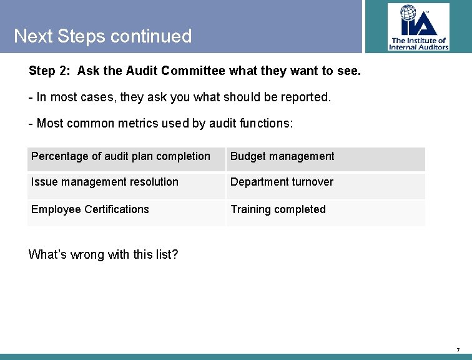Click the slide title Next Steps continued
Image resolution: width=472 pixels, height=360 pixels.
click(102, 36)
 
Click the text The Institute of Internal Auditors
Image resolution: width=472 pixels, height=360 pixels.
click(418, 44)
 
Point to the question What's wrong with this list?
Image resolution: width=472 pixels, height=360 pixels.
click(104, 254)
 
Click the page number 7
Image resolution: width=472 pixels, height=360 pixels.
click(458, 349)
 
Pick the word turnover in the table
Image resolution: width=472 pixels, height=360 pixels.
click(310, 182)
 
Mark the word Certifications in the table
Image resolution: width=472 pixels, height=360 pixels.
click(116, 209)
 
